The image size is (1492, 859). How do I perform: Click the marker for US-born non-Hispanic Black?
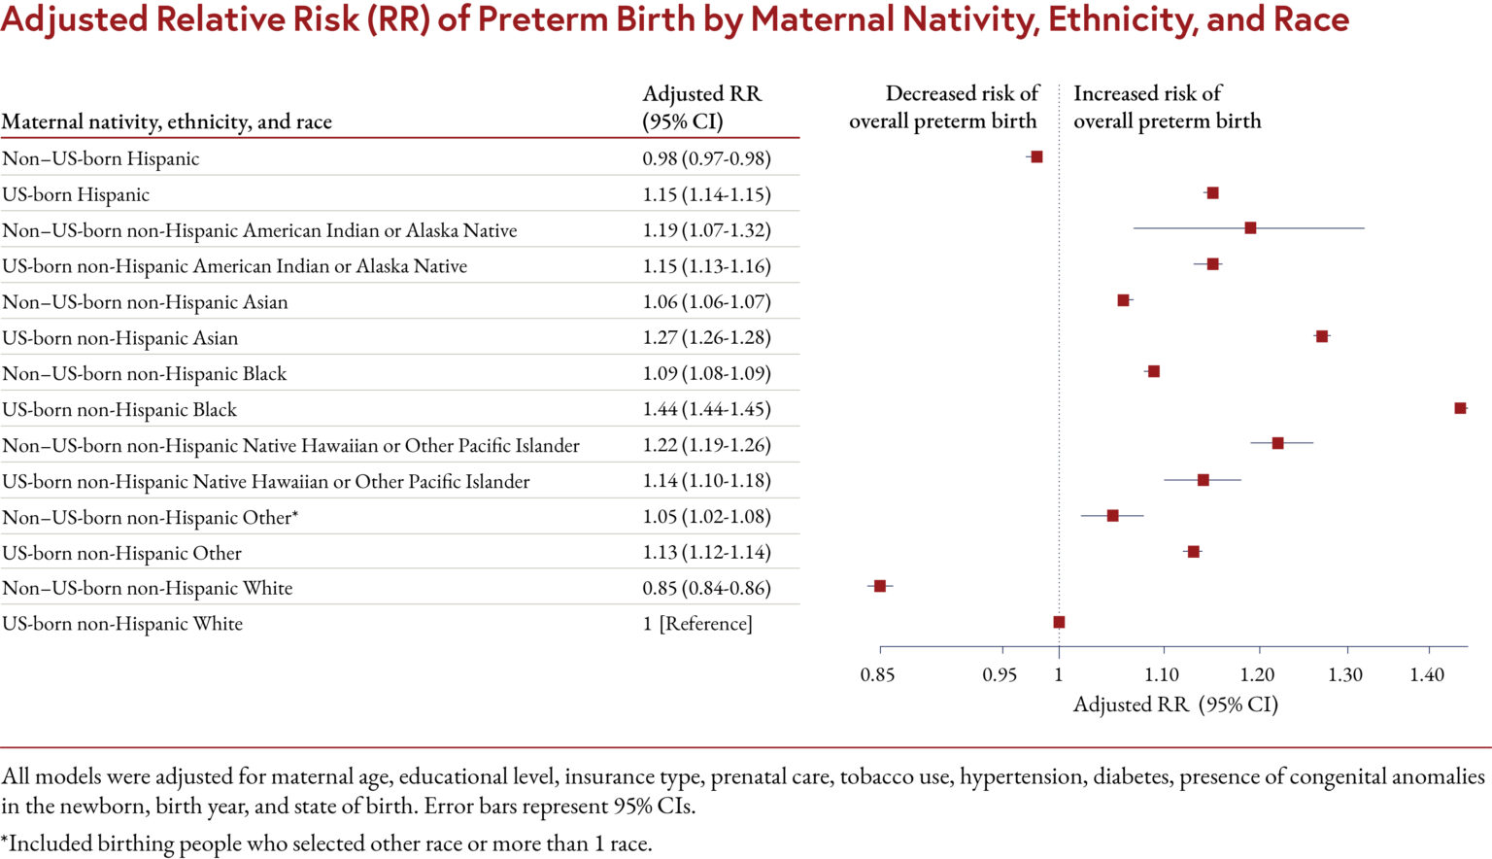pyautogui.click(x=1460, y=408)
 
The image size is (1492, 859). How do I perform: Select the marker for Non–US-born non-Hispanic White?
pyautogui.click(x=880, y=586)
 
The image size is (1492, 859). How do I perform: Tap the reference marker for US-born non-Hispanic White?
pyautogui.click(x=1059, y=622)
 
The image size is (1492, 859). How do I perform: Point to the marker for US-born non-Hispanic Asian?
pyautogui.click(x=1321, y=336)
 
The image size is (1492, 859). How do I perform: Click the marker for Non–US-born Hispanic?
pyautogui.click(x=1036, y=156)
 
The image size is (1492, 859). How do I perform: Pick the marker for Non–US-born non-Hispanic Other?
pyautogui.click(x=1112, y=515)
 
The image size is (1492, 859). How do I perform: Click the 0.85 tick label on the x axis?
pyautogui.click(x=877, y=674)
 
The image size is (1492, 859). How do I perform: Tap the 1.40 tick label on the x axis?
pyautogui.click(x=1427, y=674)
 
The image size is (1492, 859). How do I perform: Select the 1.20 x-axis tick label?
pyautogui.click(x=1258, y=674)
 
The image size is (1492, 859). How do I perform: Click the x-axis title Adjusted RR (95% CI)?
pyautogui.click(x=1175, y=704)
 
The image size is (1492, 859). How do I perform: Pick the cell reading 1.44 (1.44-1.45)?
pyautogui.click(x=706, y=409)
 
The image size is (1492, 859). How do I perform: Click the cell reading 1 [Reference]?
pyautogui.click(x=697, y=624)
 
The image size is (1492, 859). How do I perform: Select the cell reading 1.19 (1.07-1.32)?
pyautogui.click(x=706, y=230)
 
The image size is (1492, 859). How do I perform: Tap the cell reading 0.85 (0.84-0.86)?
pyautogui.click(x=706, y=588)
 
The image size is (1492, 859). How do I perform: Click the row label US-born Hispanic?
pyautogui.click(x=76, y=194)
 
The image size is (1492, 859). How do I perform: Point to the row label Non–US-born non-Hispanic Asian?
pyautogui.click(x=145, y=302)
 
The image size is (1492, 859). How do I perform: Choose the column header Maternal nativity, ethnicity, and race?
pyautogui.click(x=167, y=121)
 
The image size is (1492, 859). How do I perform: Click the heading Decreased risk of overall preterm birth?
pyautogui.click(x=943, y=107)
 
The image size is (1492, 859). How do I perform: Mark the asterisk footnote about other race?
pyautogui.click(x=326, y=843)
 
